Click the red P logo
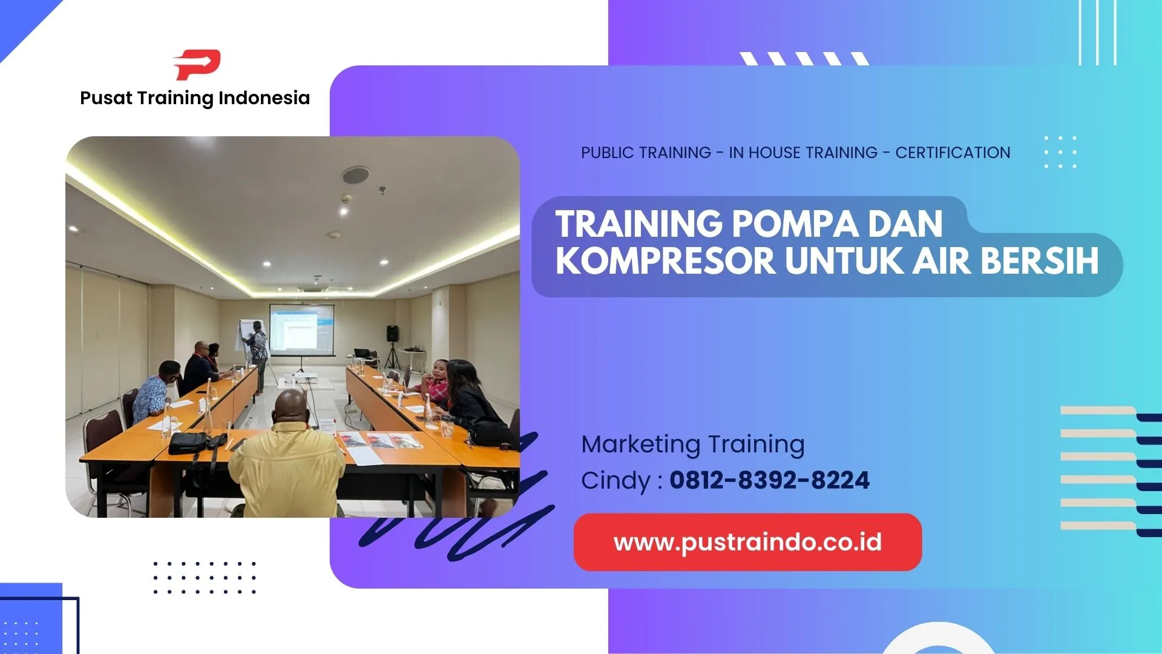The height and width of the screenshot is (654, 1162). coord(197,65)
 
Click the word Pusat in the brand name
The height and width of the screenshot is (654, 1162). coord(106,98)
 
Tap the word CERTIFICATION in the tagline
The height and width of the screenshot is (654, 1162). coord(953,153)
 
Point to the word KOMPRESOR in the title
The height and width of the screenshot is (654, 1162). coord(666,261)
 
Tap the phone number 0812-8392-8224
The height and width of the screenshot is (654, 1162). coord(769,480)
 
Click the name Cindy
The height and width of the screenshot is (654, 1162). coord(615,481)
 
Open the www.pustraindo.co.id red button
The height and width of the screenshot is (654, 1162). coord(747,542)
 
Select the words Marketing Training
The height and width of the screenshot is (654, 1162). coord(693,444)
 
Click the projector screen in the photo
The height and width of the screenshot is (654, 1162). coord(301,329)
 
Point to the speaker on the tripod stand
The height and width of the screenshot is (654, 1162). coord(393,334)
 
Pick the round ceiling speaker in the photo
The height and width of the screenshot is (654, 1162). coord(355,175)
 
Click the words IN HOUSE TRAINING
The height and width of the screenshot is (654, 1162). coord(803,153)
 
